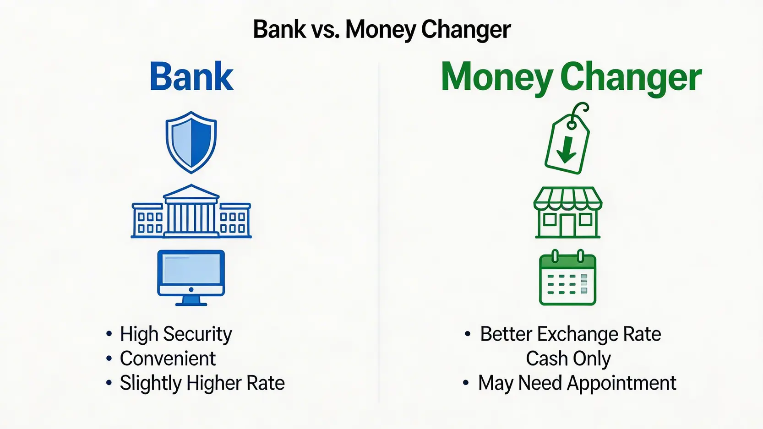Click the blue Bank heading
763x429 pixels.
(191, 76)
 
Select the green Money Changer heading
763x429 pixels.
(571, 78)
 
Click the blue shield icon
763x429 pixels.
(191, 142)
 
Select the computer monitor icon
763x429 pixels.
(191, 278)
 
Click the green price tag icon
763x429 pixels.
(567, 138)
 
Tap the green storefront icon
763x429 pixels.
(568, 212)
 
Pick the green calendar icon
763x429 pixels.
(568, 277)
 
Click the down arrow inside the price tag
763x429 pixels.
(567, 149)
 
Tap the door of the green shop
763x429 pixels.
(568, 225)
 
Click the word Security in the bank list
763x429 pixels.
(197, 334)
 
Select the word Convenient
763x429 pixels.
(168, 358)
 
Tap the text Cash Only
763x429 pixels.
(568, 358)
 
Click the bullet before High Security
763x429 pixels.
(109, 334)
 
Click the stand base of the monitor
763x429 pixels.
(191, 304)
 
